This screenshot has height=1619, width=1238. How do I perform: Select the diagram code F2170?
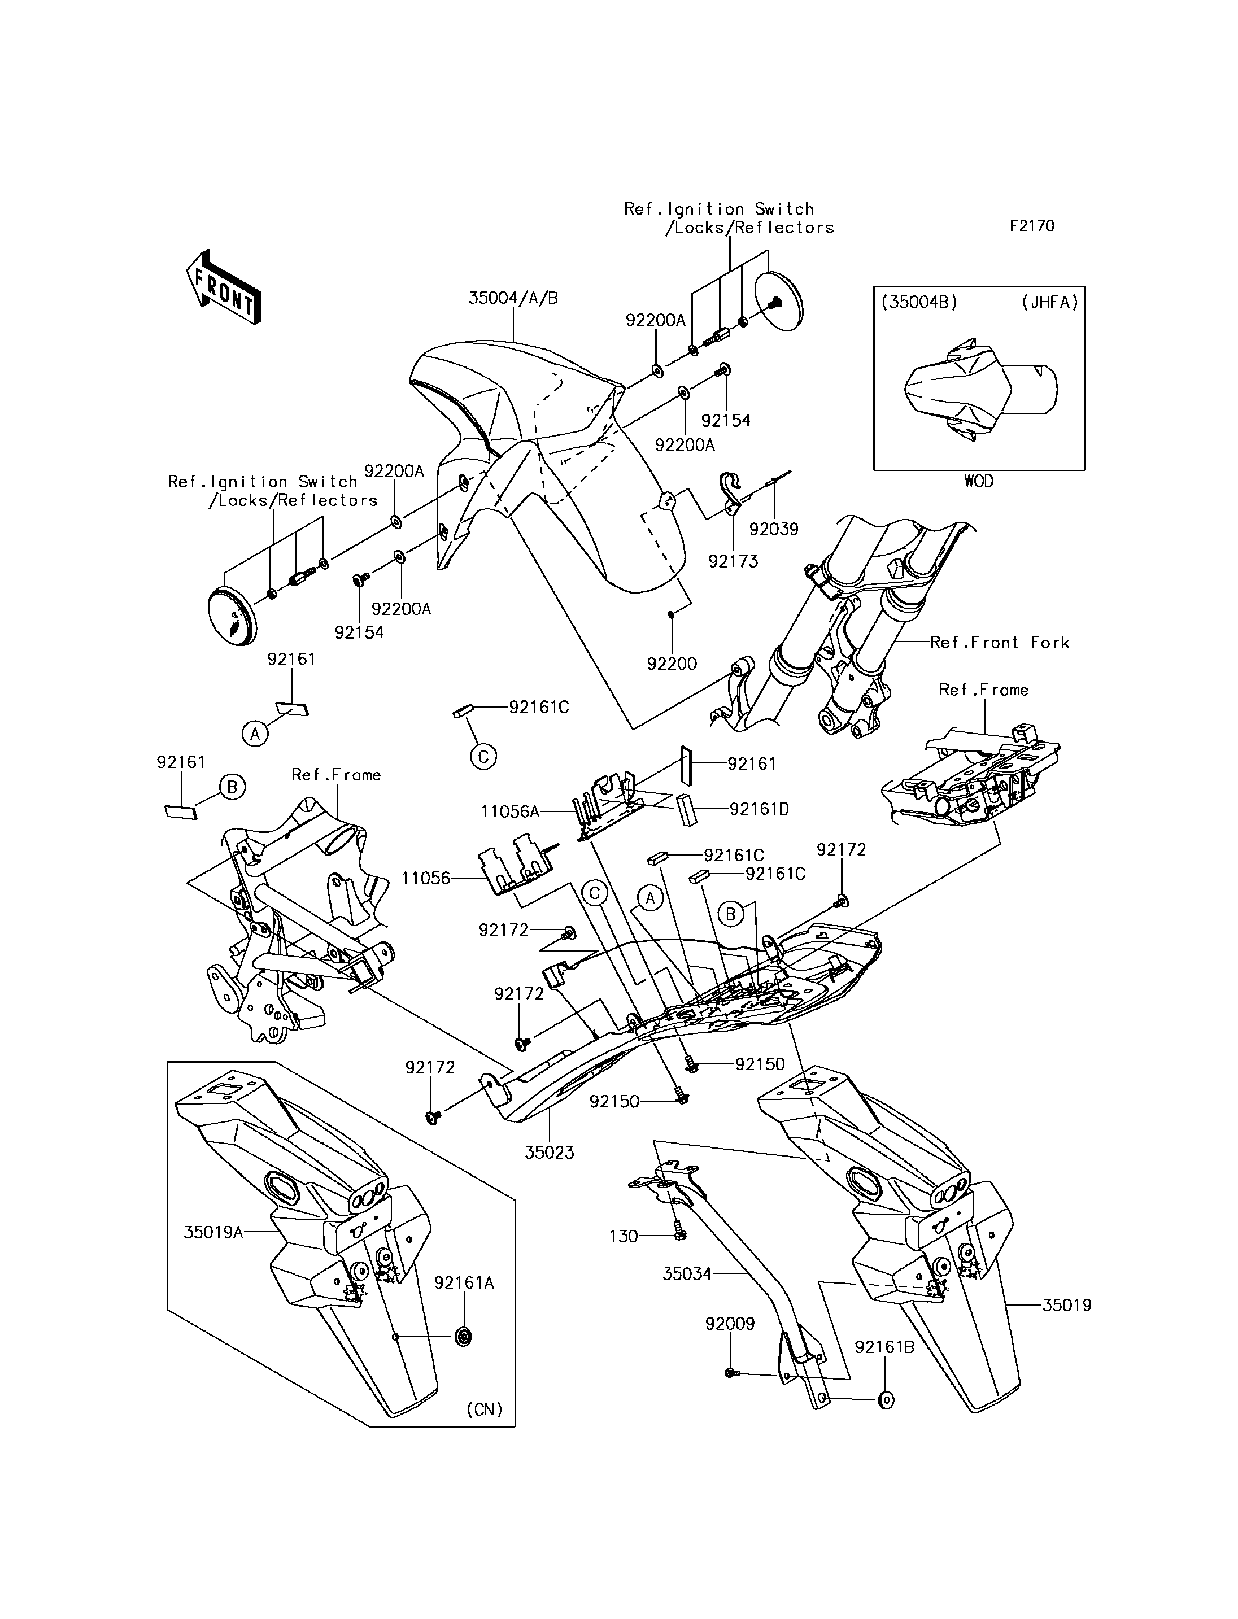point(1032,226)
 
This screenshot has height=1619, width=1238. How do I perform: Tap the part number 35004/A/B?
point(513,299)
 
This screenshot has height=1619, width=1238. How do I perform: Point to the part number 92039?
point(774,529)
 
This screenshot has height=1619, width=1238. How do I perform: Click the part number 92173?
point(733,561)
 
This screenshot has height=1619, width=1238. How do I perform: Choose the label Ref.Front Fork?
point(999,643)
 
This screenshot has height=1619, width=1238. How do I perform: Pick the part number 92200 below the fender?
point(672,664)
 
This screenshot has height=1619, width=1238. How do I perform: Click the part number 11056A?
point(509,812)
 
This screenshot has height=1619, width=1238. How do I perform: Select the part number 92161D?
point(759,809)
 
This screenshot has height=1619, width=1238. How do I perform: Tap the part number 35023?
point(549,1153)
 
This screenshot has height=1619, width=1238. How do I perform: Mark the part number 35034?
point(686,1273)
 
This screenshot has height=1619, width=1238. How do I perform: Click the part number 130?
point(624,1236)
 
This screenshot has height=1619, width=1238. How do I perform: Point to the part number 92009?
point(730,1324)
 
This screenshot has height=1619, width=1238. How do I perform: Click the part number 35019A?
point(213,1232)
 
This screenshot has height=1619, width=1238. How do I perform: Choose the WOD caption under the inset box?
point(979,481)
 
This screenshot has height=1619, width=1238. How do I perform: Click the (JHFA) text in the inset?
point(1050,302)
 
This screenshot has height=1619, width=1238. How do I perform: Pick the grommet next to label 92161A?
point(464,1337)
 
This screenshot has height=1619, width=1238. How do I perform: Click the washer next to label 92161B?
point(887,1399)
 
